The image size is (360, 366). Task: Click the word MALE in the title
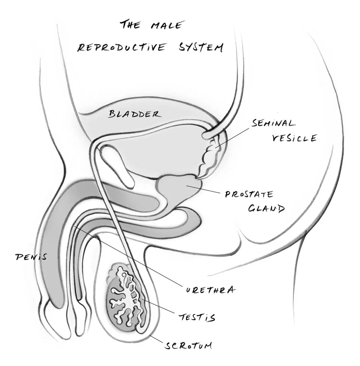[167, 26]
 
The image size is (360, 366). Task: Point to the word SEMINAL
[273, 123]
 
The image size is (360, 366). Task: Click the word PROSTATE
[249, 195]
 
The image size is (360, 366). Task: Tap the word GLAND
[266, 209]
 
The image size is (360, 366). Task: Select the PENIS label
[31, 257]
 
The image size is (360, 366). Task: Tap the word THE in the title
[130, 25]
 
